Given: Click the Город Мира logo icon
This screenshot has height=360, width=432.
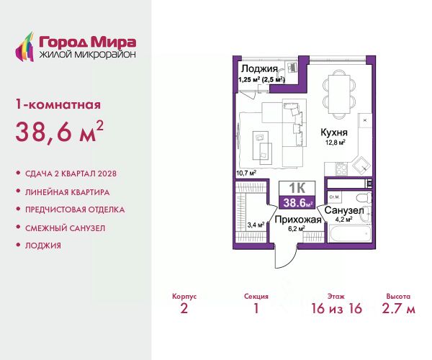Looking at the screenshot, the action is (x=24, y=47).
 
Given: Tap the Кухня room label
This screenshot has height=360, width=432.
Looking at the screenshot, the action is (x=334, y=132).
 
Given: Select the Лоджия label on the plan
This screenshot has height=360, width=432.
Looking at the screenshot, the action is (x=259, y=68).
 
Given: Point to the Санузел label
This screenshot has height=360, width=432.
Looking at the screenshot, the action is (x=344, y=210).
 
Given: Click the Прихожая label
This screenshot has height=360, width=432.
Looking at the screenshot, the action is (x=298, y=220).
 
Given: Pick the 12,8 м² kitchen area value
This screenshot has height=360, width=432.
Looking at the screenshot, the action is (x=336, y=143).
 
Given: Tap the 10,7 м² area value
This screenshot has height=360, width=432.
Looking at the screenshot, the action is (x=246, y=173).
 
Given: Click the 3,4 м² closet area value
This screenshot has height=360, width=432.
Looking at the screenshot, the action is (x=256, y=225).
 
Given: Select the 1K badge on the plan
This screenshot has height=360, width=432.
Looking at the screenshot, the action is (x=297, y=188).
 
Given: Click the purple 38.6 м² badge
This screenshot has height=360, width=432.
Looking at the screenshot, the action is (x=297, y=203).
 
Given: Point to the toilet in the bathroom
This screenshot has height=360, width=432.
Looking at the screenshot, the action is (x=364, y=197).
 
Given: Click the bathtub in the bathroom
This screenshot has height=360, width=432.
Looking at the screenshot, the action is (x=349, y=233).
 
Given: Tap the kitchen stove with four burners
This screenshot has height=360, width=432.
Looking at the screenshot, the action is (x=341, y=168).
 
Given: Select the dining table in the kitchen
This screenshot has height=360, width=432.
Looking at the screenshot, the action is (x=338, y=94).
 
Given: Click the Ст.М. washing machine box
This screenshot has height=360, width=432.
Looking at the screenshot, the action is (x=335, y=197).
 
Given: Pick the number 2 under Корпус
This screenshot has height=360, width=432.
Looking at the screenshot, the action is (x=184, y=308).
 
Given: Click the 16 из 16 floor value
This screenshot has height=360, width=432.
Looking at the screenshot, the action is (x=336, y=308).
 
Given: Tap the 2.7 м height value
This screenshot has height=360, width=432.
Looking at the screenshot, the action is (x=398, y=308).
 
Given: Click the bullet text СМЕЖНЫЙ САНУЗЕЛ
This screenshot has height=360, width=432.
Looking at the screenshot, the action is (x=66, y=228).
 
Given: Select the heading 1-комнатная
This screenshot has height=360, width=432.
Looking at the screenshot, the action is (x=58, y=105).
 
